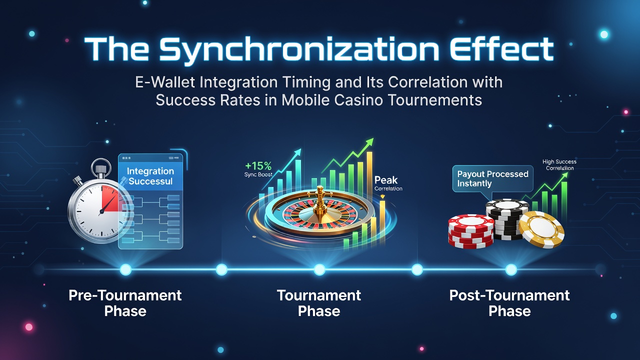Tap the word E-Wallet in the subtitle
(x=165, y=82)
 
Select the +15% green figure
(x=258, y=165)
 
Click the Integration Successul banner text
(x=150, y=176)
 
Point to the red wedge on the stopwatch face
(x=111, y=198)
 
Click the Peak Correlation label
(x=388, y=183)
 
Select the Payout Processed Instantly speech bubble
(x=493, y=179)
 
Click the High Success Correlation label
(x=559, y=165)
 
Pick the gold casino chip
(x=541, y=229)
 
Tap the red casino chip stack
(x=471, y=231)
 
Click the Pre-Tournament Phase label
(x=125, y=303)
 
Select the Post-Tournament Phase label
(x=509, y=303)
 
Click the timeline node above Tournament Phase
(x=319, y=269)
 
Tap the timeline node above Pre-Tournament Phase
(x=125, y=269)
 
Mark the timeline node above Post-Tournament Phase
(x=511, y=269)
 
